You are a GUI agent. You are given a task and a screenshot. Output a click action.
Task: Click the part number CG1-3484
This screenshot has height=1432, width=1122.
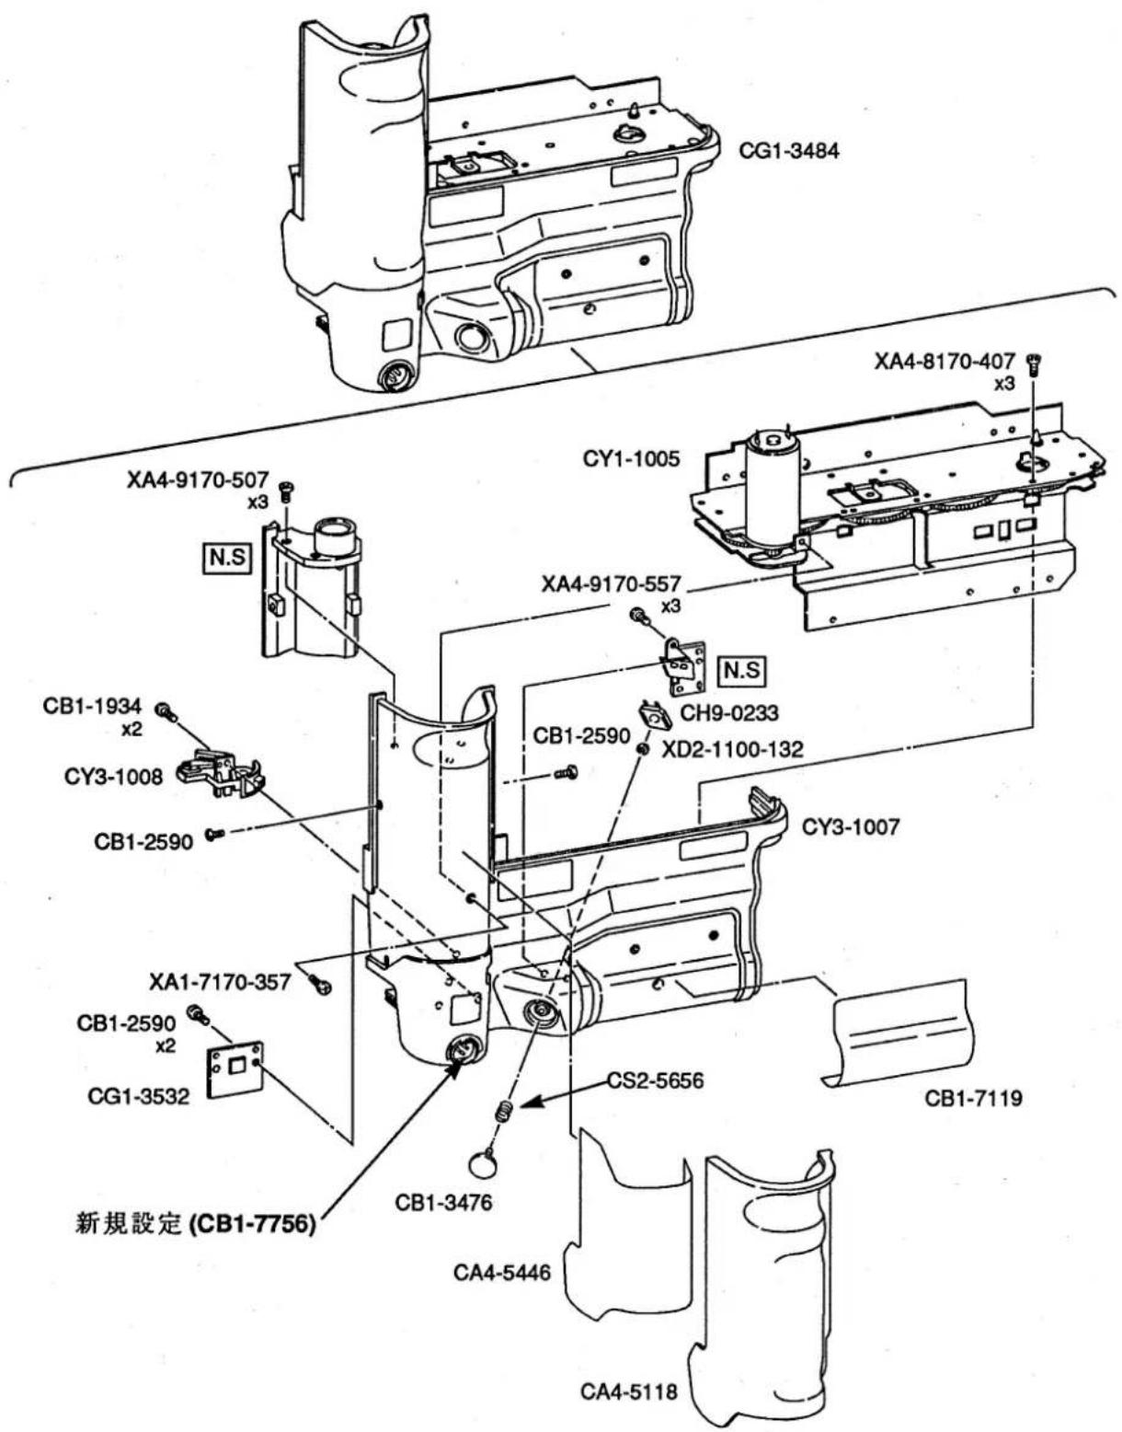click(x=789, y=151)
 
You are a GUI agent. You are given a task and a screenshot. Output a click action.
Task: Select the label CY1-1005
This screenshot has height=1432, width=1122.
click(x=631, y=458)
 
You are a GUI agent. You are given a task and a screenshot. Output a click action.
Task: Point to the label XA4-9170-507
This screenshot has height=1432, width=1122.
click(x=199, y=479)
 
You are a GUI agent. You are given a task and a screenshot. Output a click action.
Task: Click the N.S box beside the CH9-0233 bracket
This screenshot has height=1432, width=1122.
click(x=743, y=671)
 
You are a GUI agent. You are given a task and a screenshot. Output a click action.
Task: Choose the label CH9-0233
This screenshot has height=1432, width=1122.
click(x=729, y=712)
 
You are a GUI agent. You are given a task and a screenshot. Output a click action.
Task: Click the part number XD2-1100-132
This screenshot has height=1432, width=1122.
click(x=731, y=749)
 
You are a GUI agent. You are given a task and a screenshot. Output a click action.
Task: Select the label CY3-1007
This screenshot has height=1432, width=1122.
click(x=850, y=826)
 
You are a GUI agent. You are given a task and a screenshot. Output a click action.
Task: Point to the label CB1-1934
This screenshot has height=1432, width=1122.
click(x=92, y=706)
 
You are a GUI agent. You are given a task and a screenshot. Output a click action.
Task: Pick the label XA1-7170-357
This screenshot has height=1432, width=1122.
click(x=220, y=982)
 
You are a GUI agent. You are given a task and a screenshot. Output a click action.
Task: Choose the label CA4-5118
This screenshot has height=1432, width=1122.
click(x=629, y=1392)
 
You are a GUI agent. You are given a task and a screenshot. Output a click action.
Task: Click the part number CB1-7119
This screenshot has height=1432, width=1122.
click(x=974, y=1099)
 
